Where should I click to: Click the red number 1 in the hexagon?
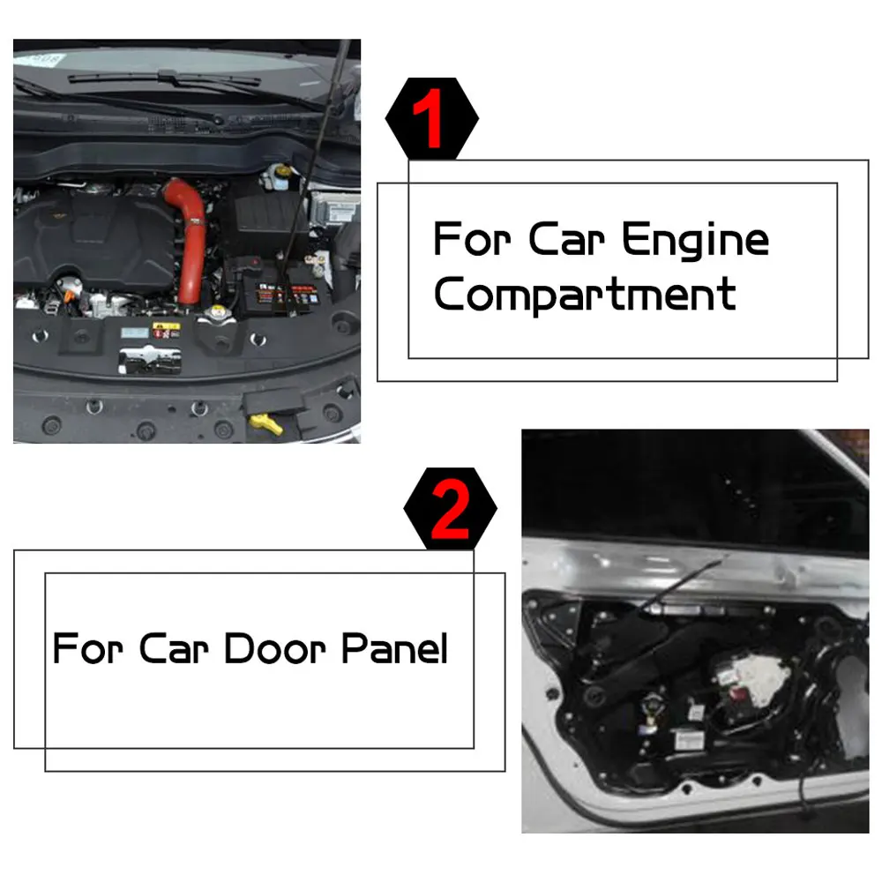[x=429, y=118]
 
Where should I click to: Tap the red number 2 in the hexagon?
[x=450, y=512]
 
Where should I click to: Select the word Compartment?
[x=585, y=295]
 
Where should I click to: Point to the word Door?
[x=275, y=648]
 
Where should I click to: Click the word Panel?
[x=394, y=648]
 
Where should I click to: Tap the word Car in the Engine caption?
[x=566, y=240]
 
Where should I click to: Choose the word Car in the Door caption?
[x=174, y=648]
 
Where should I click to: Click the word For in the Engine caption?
[x=472, y=240]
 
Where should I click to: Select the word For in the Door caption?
[x=87, y=648]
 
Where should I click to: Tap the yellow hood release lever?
[x=266, y=423]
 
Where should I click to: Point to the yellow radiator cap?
[x=217, y=311]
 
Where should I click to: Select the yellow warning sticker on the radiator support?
[x=167, y=330]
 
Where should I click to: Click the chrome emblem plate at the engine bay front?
[x=150, y=360]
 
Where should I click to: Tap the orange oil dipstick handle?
[x=69, y=295]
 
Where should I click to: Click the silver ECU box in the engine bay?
[x=334, y=208]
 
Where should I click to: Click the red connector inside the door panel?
[x=737, y=695]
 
